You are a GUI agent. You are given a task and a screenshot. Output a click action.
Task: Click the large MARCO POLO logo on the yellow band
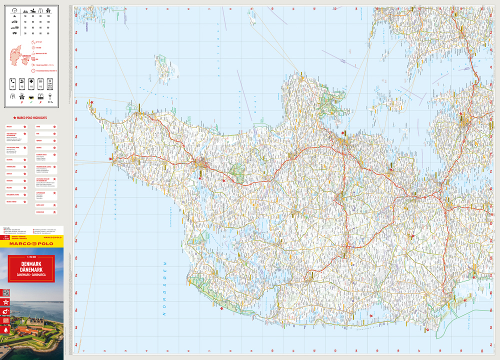pyautogui.click(x=31, y=243)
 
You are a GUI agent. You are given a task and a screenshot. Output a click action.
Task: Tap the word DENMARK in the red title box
pyautogui.click(x=31, y=263)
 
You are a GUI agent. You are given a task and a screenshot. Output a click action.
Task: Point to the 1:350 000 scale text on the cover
pyautogui.click(x=31, y=256)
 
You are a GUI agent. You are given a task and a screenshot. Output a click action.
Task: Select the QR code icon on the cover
pyautogui.click(x=6, y=292)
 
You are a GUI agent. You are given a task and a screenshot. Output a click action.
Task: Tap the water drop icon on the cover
pyautogui.click(x=6, y=330)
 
